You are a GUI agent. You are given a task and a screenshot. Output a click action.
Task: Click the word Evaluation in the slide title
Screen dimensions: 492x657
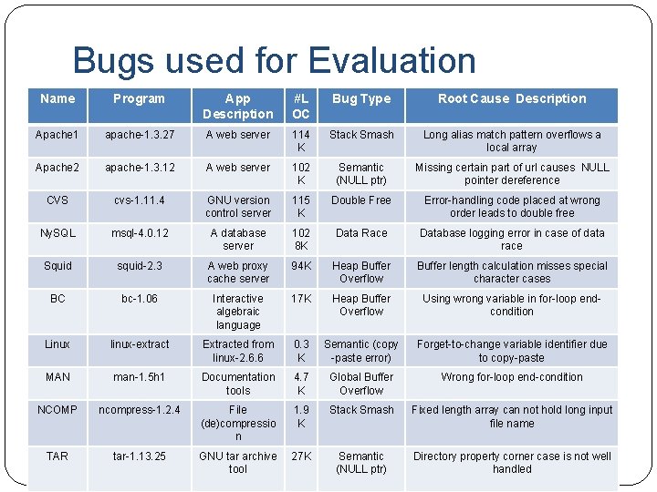[x=392, y=61]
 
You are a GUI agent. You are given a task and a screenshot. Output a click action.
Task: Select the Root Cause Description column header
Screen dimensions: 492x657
[x=512, y=99]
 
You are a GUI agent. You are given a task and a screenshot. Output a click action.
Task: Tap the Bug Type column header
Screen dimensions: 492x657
[x=361, y=99]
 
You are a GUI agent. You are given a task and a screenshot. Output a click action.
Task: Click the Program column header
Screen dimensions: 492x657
[x=139, y=99]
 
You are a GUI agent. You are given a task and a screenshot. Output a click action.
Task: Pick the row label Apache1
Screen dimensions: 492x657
[x=57, y=135]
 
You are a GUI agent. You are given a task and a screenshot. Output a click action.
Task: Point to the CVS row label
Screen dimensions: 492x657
[x=57, y=200]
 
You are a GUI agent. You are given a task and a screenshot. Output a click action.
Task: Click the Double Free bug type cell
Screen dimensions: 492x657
[x=361, y=200]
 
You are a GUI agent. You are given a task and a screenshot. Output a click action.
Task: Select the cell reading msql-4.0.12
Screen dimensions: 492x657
[x=140, y=233]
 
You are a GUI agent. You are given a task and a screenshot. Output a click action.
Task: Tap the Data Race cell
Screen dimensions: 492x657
[x=361, y=233]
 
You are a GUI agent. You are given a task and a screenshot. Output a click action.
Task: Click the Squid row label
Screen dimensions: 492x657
[x=57, y=266]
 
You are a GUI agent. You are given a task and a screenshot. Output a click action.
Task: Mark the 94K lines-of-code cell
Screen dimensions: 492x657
[x=300, y=266]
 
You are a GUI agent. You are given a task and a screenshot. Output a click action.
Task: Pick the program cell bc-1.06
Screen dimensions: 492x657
[x=140, y=299]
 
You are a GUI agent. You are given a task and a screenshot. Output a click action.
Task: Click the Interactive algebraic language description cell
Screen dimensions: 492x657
[x=238, y=312]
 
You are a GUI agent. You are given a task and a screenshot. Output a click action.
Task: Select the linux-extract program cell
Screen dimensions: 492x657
[x=140, y=344]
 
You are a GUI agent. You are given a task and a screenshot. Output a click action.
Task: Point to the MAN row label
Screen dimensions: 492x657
[x=57, y=377]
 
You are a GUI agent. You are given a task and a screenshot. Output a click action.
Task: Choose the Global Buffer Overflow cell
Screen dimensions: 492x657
[x=361, y=384]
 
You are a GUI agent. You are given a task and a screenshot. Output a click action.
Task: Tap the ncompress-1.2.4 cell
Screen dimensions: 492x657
[x=140, y=410]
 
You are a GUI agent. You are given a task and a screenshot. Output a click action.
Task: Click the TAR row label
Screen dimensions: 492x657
[x=57, y=456]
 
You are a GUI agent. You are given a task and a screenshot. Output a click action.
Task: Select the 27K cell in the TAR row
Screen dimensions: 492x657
[x=300, y=456]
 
